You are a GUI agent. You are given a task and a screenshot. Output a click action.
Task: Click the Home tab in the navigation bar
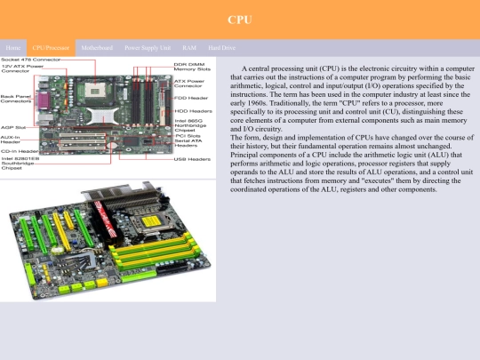pyautogui.click(x=12, y=46)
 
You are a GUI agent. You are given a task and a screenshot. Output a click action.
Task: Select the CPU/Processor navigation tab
pyautogui.click(x=51, y=46)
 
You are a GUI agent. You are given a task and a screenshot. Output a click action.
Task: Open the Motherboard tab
pyautogui.click(x=96, y=46)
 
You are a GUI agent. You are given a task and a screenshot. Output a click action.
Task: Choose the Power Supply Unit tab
pyautogui.click(x=148, y=46)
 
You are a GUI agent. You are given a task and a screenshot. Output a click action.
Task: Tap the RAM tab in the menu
pyautogui.click(x=189, y=46)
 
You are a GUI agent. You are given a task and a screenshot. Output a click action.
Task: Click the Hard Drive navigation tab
pyautogui.click(x=221, y=46)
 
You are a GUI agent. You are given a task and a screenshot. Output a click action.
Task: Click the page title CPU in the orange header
pyautogui.click(x=240, y=19)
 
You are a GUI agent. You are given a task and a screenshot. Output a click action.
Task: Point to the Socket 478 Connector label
pyautogui.click(x=30, y=60)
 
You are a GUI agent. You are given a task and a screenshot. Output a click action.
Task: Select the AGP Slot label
pyautogui.click(x=12, y=127)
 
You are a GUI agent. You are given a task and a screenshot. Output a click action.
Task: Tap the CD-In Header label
pyautogui.click(x=19, y=151)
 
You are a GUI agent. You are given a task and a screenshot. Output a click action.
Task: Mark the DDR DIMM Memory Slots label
pyautogui.click(x=192, y=67)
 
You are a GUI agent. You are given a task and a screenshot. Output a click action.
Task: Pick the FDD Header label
pyautogui.click(x=191, y=98)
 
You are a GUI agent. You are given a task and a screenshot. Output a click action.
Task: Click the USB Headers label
pyautogui.click(x=192, y=159)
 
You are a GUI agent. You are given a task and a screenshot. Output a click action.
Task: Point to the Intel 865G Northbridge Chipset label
pyautogui.click(x=190, y=125)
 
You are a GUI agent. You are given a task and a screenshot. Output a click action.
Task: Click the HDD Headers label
pyautogui.click(x=192, y=110)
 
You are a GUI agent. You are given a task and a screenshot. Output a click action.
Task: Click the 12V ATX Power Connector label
pyautogui.click(x=23, y=68)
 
